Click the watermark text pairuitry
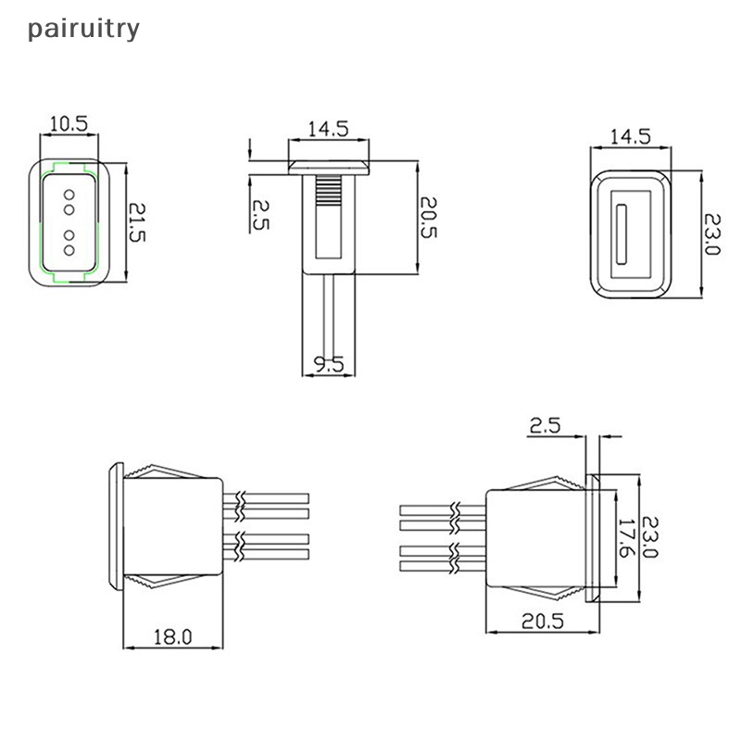tap(83, 29)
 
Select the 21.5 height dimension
tap(136, 223)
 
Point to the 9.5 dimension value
tap(329, 366)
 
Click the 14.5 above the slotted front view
tap(630, 136)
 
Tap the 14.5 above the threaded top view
tap(329, 130)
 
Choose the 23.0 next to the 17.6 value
tap(650, 538)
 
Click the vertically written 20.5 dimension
tap(428, 217)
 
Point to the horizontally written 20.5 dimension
tap(542, 622)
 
